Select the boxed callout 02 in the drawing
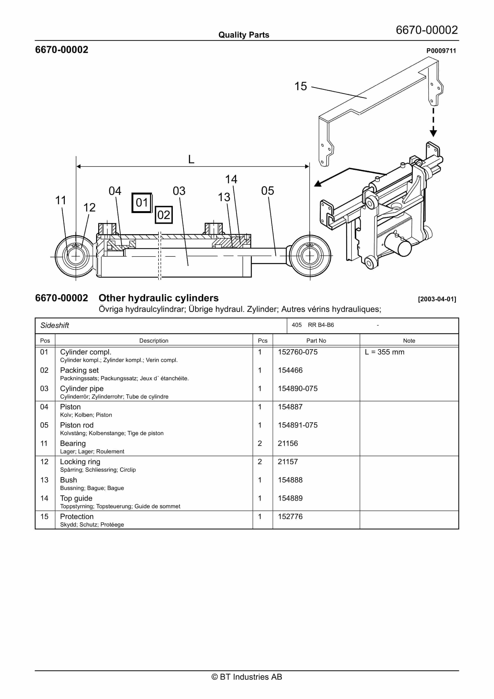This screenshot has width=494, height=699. coord(164,215)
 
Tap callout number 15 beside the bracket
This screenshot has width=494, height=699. coord(301,86)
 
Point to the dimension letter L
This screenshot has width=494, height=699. coord(191,159)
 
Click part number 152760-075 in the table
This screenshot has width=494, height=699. coord(297,352)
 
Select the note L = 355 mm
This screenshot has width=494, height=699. coord(384,352)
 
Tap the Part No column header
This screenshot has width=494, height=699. coord(316,341)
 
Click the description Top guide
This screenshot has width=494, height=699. coord(76,498)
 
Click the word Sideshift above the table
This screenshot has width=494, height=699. coord(55,325)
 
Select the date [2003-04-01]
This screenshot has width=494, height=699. coord(437,299)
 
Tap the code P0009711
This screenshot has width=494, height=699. coord(441,51)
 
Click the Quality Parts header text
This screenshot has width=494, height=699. coord(244,35)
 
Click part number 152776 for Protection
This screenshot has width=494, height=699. coord(290,516)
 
